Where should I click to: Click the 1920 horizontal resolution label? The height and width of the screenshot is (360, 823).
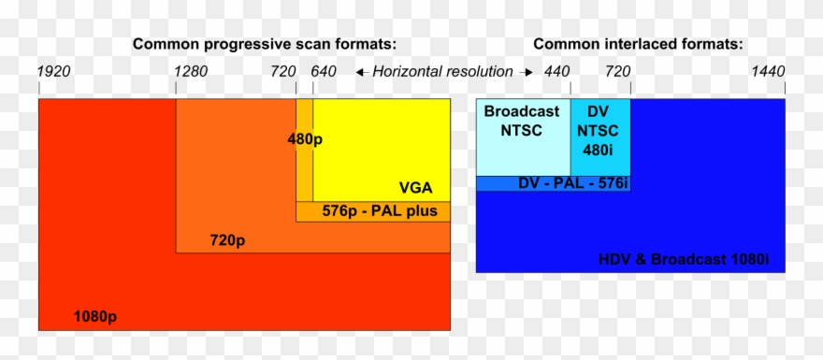tap(53, 72)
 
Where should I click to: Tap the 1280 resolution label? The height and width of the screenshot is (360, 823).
tap(190, 72)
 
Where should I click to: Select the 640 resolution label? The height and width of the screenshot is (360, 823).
tap(324, 72)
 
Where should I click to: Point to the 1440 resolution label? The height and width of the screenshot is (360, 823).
tap(768, 72)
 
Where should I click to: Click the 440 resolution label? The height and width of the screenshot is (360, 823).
tap(556, 72)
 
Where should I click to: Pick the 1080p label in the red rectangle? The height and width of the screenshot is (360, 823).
tap(95, 316)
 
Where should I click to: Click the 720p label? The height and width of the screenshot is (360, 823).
tap(227, 241)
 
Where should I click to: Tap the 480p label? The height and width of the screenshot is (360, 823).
tap(306, 138)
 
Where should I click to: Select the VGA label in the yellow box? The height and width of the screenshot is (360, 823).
tap(415, 187)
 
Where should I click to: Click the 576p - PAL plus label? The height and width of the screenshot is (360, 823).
tap(380, 211)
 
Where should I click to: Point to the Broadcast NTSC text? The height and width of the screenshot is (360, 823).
tap(522, 121)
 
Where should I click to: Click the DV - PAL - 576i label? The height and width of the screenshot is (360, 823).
tap(572, 183)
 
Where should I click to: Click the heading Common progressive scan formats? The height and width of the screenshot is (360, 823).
tap(265, 44)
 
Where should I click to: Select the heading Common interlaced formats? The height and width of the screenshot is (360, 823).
tap(639, 44)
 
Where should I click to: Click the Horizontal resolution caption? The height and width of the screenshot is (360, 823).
tap(442, 72)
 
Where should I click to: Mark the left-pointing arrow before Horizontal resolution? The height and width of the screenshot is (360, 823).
tap(360, 72)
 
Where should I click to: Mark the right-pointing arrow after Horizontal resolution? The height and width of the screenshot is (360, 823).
tap(527, 72)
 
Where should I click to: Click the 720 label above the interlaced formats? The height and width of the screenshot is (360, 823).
tap(617, 72)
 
